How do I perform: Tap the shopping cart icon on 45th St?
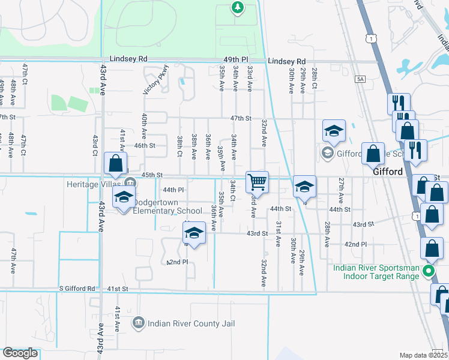click(257, 181)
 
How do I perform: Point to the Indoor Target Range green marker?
click(428, 271)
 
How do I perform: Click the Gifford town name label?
click(387, 172)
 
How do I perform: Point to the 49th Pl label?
click(236, 60)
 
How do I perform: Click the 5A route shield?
click(360, 79)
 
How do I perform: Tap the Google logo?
click(20, 352)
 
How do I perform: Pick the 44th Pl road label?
click(172, 189)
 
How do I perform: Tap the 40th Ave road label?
click(144, 126)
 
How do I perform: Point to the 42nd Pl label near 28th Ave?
click(355, 244)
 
